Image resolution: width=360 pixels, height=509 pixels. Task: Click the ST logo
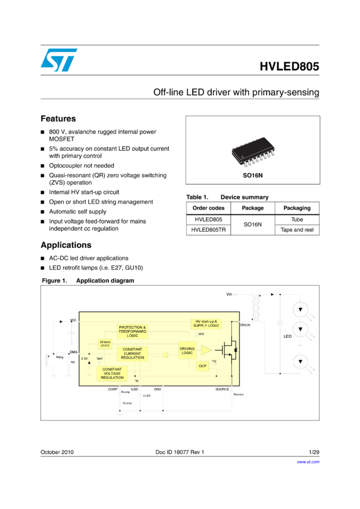pos(59,60)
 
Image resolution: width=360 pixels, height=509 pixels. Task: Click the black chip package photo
pos(253,150)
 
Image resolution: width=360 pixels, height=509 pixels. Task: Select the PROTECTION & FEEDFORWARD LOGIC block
pos(132,331)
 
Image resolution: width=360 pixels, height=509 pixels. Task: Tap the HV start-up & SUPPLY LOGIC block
pos(207,323)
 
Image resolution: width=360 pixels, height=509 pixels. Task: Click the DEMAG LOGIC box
pos(105,344)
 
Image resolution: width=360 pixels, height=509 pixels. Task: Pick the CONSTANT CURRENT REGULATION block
pos(132,353)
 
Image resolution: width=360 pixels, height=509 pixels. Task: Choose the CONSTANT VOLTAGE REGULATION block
pos(112,374)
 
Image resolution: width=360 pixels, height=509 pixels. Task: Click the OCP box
pos(202,366)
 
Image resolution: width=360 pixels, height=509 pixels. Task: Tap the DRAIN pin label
pos(245,325)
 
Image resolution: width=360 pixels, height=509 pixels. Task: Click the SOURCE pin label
pos(222,389)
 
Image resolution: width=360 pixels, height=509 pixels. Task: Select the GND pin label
pos(158,389)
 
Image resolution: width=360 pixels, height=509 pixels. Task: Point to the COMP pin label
pos(113,389)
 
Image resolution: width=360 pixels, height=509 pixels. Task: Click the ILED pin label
pos(134,389)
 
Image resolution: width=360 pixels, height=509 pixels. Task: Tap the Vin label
pos(229,295)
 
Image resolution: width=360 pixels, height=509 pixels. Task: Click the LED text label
pos(287,337)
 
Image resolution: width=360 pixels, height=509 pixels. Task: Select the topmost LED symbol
pos(301,310)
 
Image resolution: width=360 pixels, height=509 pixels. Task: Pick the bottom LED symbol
pos(301,362)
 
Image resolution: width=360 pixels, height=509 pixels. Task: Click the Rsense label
pos(238,395)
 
